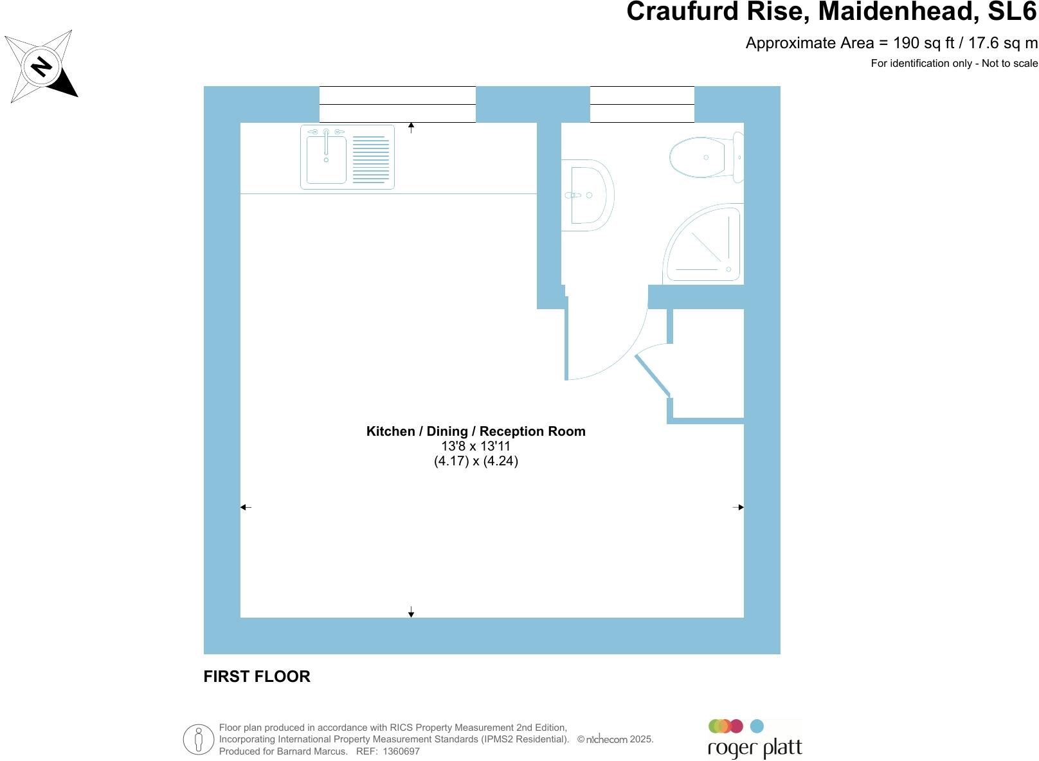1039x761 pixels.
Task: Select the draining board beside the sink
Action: (x=371, y=159)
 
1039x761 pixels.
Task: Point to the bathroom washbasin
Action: (x=587, y=195)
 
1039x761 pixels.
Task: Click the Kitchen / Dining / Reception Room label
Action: (x=476, y=431)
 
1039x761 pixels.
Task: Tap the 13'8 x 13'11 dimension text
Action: (x=476, y=446)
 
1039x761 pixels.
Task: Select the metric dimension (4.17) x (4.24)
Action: (x=476, y=461)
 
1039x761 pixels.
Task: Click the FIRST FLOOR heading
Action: (x=257, y=676)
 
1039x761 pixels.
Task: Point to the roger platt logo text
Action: (x=755, y=748)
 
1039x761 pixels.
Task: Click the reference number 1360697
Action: (x=401, y=751)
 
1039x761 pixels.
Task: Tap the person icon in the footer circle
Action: (x=199, y=739)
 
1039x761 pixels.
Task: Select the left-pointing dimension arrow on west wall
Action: (x=246, y=507)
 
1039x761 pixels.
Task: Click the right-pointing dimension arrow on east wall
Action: (x=738, y=507)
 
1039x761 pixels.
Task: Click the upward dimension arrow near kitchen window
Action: (x=411, y=127)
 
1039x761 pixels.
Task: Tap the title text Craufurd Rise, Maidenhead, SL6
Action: (x=832, y=12)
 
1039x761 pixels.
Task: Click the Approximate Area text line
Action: (x=891, y=43)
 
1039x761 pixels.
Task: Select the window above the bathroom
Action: (x=642, y=104)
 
